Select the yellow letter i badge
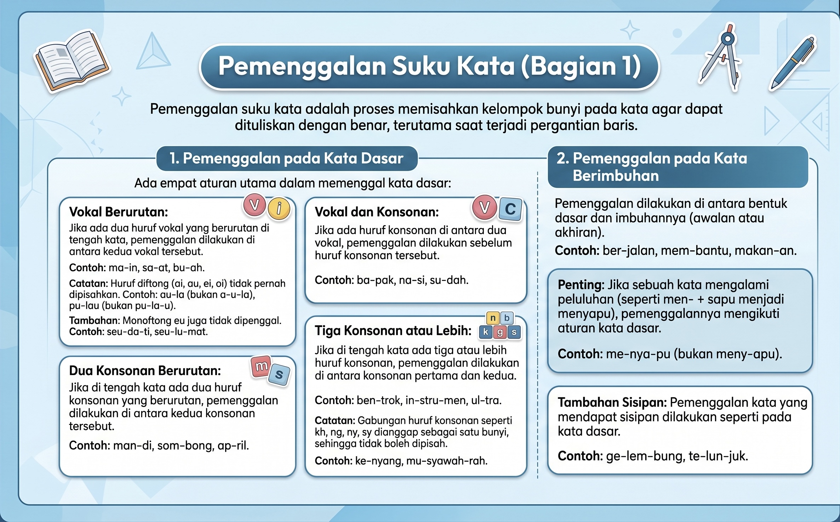pos(279,208)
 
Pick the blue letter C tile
pos(510,209)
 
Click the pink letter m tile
pos(261,367)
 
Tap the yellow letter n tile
pos(493,318)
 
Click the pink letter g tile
pos(500,332)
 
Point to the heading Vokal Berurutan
pos(119,212)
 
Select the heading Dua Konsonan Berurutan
pos(145,370)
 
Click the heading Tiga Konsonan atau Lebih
pos(393,330)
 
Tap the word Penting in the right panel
pos(581,284)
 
